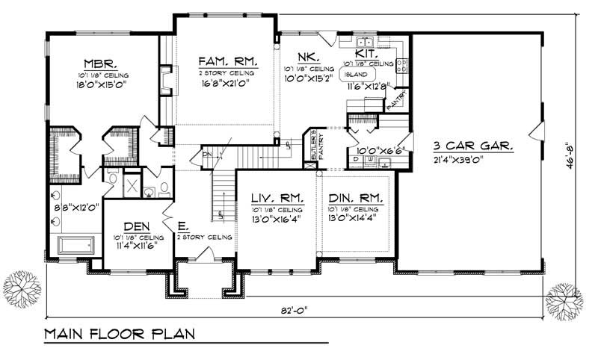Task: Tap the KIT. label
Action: [366, 54]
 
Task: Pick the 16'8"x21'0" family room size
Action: [224, 84]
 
